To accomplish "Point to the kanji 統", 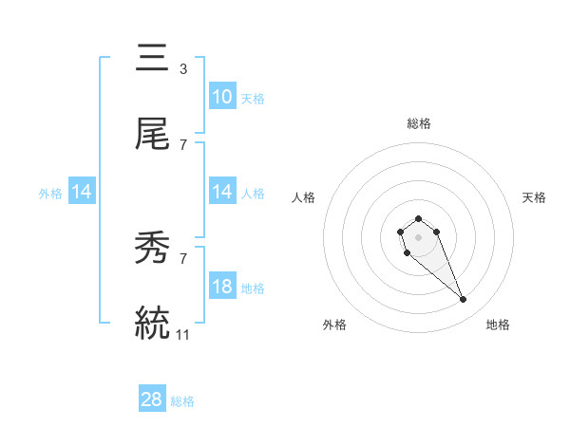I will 153,324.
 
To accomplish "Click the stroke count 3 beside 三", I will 182,68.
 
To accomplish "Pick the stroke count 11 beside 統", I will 184,335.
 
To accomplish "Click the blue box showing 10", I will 222,97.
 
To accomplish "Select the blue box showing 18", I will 222,288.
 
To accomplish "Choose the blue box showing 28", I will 152,400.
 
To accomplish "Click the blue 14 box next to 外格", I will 82,193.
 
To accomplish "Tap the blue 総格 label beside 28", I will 183,401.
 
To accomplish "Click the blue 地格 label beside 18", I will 253,288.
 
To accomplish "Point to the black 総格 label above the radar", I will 419,123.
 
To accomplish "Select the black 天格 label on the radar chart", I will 534,197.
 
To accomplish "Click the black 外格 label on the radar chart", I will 334,325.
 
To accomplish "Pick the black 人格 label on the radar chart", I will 304,197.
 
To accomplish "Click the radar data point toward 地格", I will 464,300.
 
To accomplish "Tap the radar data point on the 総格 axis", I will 418,219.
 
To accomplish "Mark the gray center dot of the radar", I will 418,236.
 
